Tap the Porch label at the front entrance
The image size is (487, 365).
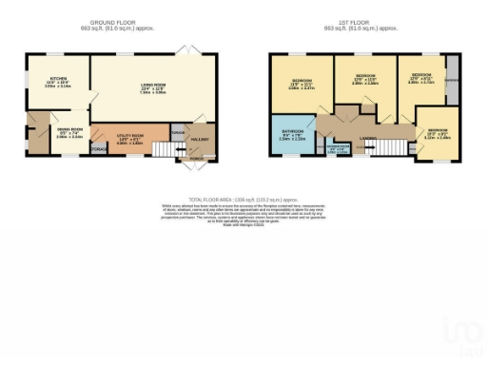pos(195,159)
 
